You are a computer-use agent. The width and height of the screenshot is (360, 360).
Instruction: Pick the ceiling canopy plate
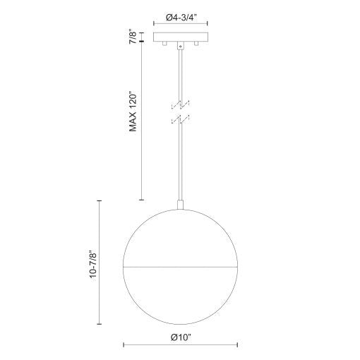click(180, 37)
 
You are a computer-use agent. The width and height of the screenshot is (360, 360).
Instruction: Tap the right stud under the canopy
click(197, 45)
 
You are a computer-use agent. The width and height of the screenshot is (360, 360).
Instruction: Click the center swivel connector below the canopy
click(180, 47)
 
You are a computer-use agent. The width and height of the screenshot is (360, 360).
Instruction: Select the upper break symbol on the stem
click(180, 104)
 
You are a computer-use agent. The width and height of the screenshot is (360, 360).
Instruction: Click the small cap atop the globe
click(180, 205)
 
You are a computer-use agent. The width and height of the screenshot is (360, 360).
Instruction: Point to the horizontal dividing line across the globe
click(180, 267)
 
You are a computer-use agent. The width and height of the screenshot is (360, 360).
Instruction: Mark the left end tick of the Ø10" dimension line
click(124, 345)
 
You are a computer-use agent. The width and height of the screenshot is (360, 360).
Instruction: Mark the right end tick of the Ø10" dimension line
click(237, 345)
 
